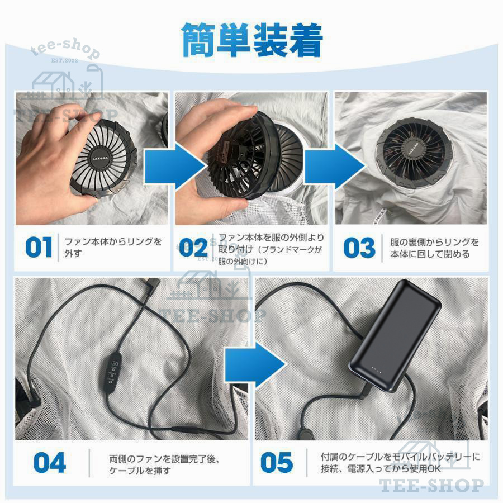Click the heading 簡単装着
point(252,40)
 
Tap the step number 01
point(39,248)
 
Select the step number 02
point(193,248)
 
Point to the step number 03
point(359,248)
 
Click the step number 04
point(50,463)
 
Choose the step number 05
point(277,463)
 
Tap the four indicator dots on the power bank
point(376,370)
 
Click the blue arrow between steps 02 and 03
point(335,167)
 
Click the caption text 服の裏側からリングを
point(434,242)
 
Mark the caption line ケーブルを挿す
point(140,471)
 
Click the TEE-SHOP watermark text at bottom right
point(431,485)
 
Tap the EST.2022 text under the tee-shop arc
point(64,60)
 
